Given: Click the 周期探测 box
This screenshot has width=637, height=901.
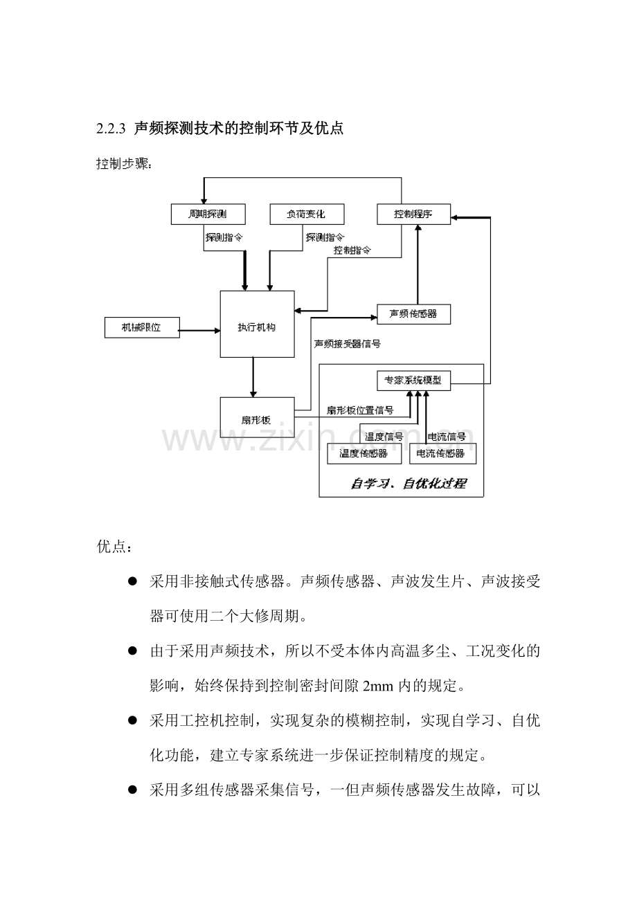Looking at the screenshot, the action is coord(208,214).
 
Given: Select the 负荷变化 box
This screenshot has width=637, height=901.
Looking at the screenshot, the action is coord(307,214).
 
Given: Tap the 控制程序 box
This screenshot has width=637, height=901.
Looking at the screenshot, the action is coord(413,214).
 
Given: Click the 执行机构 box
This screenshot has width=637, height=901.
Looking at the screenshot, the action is coord(257,324).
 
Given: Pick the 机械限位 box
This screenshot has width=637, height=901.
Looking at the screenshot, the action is coord(142,327).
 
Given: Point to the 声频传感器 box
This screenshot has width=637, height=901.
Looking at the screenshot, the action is coord(413,314).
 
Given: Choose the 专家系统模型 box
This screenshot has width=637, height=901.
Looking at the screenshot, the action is coord(413,381).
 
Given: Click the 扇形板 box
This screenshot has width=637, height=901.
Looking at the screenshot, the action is coord(257,417).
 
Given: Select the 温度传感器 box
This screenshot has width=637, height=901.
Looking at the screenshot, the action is coord(364,454).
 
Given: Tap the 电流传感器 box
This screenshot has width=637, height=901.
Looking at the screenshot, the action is coord(442,454).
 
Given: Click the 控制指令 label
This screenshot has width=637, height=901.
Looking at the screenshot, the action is coord(352,251).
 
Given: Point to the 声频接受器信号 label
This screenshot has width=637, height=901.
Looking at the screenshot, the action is coord(348,344).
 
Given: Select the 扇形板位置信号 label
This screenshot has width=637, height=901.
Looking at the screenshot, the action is coord(360,410).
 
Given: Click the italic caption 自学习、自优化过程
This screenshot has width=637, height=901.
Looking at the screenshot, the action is coord(408,484).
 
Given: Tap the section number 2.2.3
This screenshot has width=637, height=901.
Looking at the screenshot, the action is coord(111,129).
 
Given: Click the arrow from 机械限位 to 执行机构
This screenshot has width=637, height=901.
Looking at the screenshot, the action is coord(199,331).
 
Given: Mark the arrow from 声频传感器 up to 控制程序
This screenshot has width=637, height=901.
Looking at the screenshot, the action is coord(418,264).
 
